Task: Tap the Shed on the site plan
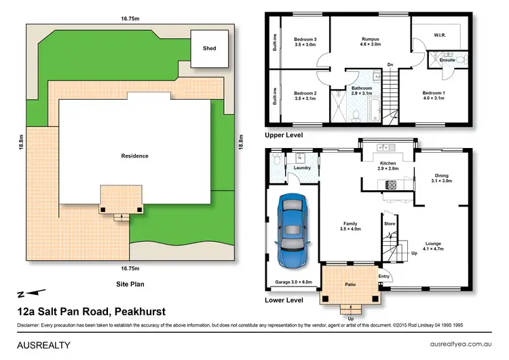209,49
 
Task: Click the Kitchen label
388,164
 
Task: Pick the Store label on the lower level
390,223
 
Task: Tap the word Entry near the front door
385,276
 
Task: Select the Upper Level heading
283,136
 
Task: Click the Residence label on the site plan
134,156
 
